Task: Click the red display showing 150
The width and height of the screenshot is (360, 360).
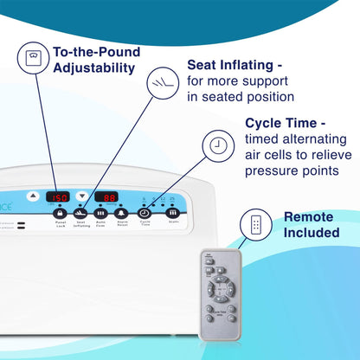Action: tap(58, 196)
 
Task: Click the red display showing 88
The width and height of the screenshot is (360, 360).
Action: tap(106, 196)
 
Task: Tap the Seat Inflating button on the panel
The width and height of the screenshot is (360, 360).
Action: tap(80, 213)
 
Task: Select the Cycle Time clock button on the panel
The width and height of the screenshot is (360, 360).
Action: tap(145, 213)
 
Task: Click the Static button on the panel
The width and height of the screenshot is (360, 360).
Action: tap(173, 212)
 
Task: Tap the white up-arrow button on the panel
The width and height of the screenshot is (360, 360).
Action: tap(33, 196)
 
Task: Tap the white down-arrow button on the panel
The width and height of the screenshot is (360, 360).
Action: tap(82, 196)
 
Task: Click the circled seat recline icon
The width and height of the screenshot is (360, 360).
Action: tap(159, 82)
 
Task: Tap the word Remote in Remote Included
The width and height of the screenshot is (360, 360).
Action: tap(308, 217)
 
